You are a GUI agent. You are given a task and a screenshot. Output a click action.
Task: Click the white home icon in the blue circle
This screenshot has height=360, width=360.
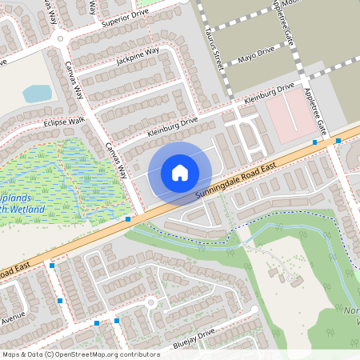coord(180,173)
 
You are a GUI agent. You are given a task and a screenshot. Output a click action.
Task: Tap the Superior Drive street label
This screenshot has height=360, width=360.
coord(126,18)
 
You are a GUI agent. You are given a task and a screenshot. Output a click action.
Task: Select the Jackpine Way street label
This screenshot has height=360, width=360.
coord(137,55)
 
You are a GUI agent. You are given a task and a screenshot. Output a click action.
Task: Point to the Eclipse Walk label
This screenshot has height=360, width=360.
coord(64,122)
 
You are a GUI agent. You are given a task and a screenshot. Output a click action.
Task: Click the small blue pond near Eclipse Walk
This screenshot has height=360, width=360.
coord(38,94)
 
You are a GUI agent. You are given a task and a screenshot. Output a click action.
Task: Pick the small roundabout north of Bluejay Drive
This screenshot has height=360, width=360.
coord(150,302)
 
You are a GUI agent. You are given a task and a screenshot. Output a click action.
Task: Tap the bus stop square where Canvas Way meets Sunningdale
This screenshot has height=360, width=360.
coord(128,218)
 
